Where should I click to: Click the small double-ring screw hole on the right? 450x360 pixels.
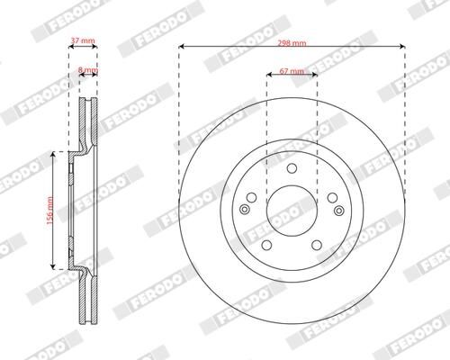(337, 209)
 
